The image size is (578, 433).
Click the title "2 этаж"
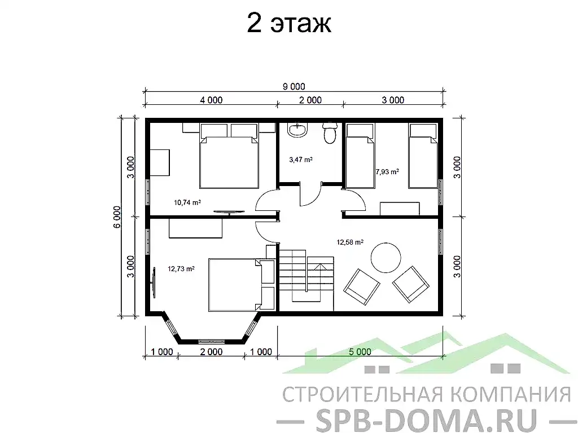288,24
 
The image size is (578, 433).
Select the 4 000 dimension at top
211,100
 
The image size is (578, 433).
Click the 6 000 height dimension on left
117,216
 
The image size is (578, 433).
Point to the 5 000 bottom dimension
360,352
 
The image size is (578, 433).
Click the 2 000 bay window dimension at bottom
211,352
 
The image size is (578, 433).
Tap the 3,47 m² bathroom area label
300,160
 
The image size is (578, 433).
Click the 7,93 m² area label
387,171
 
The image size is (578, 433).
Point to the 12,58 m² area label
349,242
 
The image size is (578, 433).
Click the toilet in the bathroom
329,132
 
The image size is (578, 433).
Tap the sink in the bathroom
297,130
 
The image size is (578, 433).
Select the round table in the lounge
386,257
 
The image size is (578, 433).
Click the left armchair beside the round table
362,285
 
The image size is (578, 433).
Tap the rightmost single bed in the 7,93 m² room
423,156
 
